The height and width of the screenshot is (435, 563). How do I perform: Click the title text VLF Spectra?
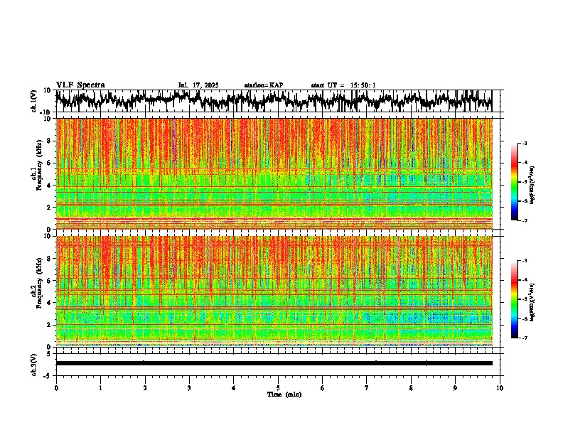tap(80, 85)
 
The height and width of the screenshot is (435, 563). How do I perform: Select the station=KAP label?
tap(263, 85)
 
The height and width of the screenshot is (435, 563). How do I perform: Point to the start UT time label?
tap(343, 85)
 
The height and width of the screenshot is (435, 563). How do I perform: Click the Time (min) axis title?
tap(284, 394)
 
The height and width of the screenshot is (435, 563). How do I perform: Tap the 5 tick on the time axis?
tap(278, 388)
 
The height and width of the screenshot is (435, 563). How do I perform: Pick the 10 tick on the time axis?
tap(500, 388)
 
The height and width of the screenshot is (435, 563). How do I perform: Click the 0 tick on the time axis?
tap(56, 388)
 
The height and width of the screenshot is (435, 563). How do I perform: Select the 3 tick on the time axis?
tap(189, 388)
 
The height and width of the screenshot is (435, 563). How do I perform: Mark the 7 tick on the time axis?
tap(367, 388)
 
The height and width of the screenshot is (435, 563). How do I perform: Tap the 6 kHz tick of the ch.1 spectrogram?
tap(50, 163)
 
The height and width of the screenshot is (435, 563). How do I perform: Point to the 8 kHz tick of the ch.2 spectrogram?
tap(50, 258)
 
